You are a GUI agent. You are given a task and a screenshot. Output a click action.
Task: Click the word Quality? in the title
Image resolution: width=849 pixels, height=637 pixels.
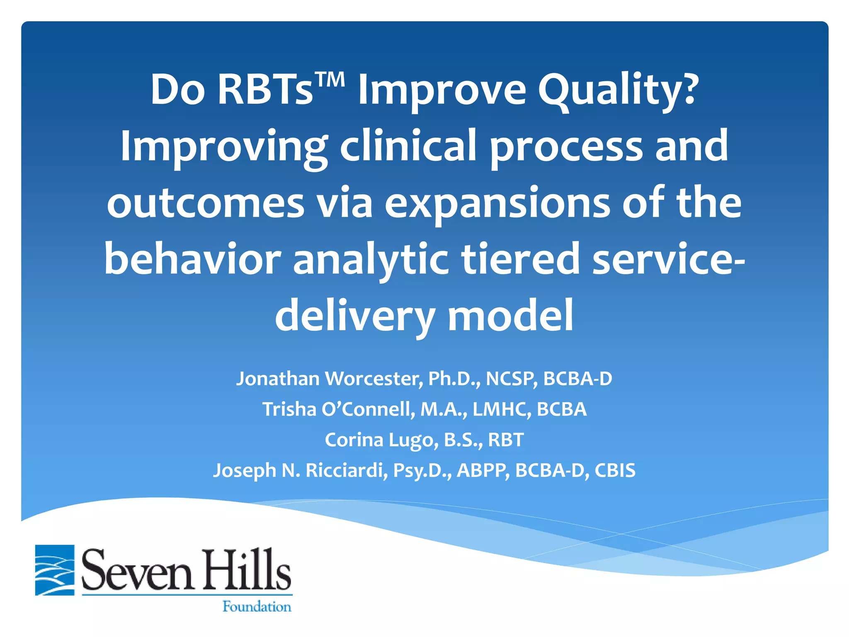pyautogui.click(x=618, y=90)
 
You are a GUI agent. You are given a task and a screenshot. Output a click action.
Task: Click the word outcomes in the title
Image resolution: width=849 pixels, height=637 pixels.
pyautogui.click(x=205, y=203)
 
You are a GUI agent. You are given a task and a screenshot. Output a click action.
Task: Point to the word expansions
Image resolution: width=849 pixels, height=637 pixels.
pyautogui.click(x=497, y=204)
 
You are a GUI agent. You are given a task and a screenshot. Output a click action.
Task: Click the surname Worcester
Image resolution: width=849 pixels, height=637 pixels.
pyautogui.click(x=374, y=379)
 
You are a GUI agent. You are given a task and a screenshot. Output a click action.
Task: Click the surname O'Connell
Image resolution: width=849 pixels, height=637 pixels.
pyautogui.click(x=368, y=409)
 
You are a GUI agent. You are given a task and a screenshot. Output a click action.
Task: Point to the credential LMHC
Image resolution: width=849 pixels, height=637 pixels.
pyautogui.click(x=502, y=409)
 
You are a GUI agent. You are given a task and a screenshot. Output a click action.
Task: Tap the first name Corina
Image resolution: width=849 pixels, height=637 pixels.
pyautogui.click(x=354, y=440)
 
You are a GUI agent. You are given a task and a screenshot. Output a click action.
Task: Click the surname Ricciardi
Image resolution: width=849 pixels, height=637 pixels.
pyautogui.click(x=347, y=471)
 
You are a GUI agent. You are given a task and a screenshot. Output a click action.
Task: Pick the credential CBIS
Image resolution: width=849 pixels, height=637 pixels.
pyautogui.click(x=615, y=471)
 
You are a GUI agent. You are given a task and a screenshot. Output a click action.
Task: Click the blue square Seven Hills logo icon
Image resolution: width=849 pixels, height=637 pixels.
pyautogui.click(x=55, y=570)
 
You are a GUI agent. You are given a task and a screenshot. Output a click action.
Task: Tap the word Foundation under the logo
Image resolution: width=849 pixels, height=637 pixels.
pyautogui.click(x=257, y=607)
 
